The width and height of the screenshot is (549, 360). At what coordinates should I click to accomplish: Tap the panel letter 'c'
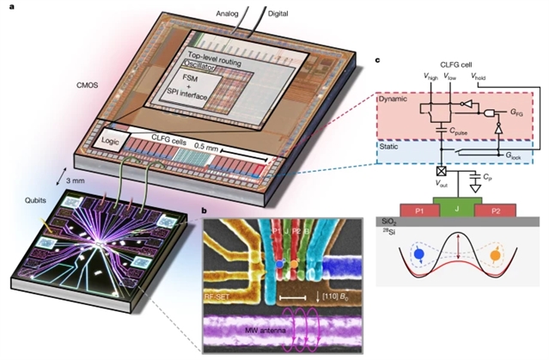click(x=378, y=61)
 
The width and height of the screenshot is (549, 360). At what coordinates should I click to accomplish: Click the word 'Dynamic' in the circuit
click(x=396, y=99)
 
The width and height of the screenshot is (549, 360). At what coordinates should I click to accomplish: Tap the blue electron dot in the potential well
click(x=417, y=254)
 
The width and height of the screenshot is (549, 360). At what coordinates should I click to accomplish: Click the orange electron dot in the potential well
click(x=497, y=254)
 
